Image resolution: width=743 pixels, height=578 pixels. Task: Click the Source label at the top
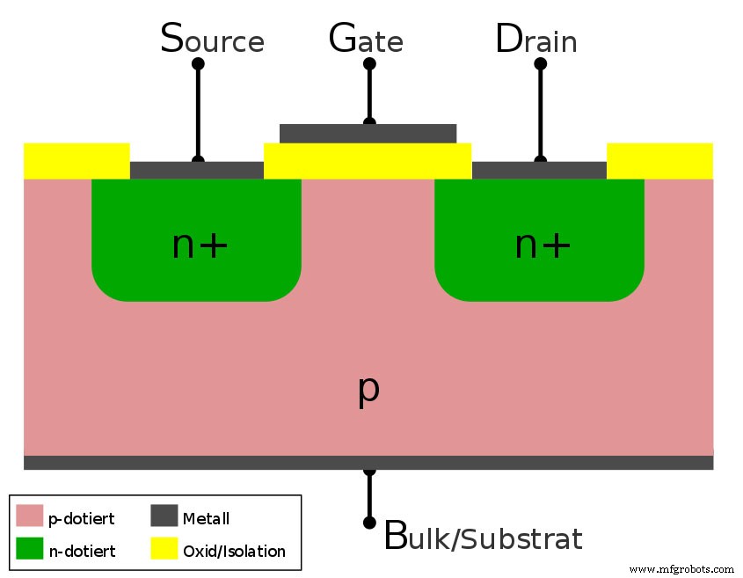[x=212, y=40]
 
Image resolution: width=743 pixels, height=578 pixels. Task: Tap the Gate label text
[x=366, y=40]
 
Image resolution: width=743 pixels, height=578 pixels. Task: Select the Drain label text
[x=536, y=40]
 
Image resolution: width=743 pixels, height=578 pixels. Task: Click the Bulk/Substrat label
[x=484, y=536]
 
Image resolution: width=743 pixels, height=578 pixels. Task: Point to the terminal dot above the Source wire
[x=198, y=64]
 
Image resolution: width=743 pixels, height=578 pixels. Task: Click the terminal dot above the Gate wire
[x=369, y=64]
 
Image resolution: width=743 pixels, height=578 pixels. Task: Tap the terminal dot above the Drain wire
[x=540, y=64]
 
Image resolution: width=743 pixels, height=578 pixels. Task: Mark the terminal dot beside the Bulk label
[x=369, y=523]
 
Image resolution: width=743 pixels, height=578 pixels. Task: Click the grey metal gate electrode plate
[x=368, y=133]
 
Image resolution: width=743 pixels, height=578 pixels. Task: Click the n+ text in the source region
[x=200, y=245]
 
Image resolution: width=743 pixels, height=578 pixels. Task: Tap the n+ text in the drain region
[x=543, y=245]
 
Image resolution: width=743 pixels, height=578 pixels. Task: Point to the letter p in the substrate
[x=368, y=389]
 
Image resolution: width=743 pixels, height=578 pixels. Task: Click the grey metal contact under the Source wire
[x=197, y=170]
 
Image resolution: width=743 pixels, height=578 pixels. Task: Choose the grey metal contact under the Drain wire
[x=539, y=170]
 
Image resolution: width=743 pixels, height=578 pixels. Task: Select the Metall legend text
[x=206, y=518]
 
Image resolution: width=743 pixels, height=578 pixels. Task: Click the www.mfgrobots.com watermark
[x=681, y=569]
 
